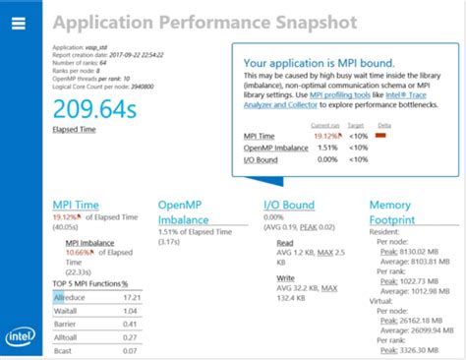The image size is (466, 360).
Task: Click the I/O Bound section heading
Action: click(x=289, y=205)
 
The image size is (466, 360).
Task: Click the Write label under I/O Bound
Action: click(x=285, y=278)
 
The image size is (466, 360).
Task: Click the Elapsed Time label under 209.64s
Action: click(x=75, y=129)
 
